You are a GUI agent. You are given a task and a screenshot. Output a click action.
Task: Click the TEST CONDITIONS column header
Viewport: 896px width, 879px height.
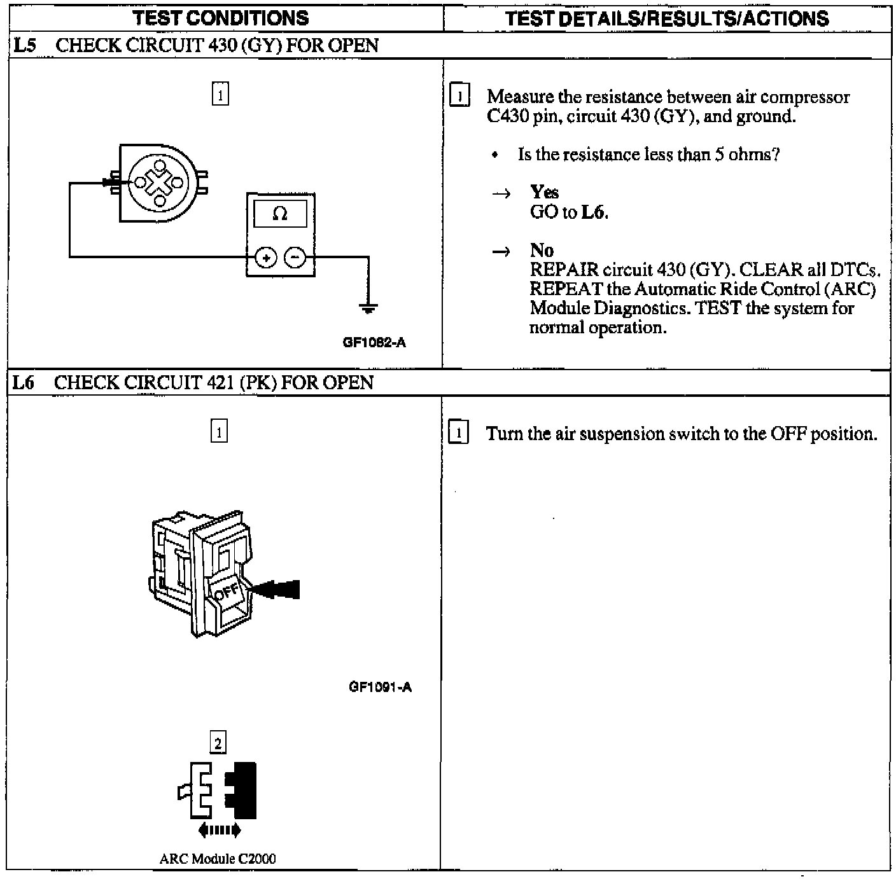click(x=221, y=17)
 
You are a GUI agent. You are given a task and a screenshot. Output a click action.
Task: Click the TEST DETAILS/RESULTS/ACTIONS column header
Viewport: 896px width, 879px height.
click(x=667, y=18)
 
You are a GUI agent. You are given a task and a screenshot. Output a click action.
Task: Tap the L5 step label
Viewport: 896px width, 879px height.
click(x=24, y=46)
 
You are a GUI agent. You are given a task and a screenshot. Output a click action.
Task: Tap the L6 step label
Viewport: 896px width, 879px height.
click(x=24, y=383)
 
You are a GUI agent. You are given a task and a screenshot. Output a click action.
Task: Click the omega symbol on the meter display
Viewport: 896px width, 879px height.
click(x=280, y=214)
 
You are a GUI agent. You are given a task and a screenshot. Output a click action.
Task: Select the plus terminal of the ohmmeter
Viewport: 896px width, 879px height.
click(x=265, y=258)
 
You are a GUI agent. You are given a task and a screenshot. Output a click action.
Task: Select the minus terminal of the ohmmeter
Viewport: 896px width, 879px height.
click(x=295, y=258)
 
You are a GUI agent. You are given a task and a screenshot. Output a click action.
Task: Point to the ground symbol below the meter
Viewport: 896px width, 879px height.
click(x=368, y=309)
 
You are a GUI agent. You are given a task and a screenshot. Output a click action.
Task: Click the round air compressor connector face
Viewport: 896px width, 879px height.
click(x=159, y=183)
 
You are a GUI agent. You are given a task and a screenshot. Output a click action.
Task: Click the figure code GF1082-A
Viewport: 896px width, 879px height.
click(x=374, y=342)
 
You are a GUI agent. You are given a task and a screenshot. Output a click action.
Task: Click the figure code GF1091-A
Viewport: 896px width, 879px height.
click(x=380, y=687)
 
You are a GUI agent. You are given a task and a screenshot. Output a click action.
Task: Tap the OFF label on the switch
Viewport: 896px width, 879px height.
click(x=227, y=592)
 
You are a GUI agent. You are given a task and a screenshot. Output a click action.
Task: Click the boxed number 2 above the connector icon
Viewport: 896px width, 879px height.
click(x=218, y=742)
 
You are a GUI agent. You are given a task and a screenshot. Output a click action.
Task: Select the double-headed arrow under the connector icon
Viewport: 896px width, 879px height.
click(x=220, y=829)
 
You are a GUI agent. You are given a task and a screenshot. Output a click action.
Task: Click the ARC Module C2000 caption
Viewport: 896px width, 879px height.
click(x=218, y=859)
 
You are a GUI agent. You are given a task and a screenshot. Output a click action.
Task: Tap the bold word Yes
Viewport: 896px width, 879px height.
click(x=544, y=192)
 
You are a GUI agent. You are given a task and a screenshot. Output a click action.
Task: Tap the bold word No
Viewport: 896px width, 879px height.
click(x=542, y=250)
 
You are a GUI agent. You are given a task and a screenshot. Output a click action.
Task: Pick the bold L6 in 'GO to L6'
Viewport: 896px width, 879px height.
click(x=593, y=212)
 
